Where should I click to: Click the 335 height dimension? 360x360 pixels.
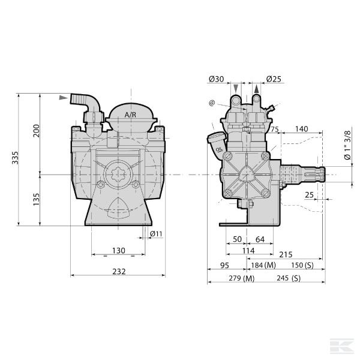pos(15,157)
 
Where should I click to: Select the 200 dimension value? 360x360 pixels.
pos(36,131)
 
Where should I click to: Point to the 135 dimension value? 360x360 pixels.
pos(36,199)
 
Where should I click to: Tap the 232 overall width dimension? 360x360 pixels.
pos(119,271)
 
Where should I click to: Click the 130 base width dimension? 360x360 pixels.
pos(119,250)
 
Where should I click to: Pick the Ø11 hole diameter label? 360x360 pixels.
pos(156,234)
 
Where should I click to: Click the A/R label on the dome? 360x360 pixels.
pos(130,115)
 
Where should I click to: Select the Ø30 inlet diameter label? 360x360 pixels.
pos(216,79)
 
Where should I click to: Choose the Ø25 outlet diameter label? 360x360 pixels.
pos(274,79)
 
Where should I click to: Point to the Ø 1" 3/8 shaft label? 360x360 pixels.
pos(348,145)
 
